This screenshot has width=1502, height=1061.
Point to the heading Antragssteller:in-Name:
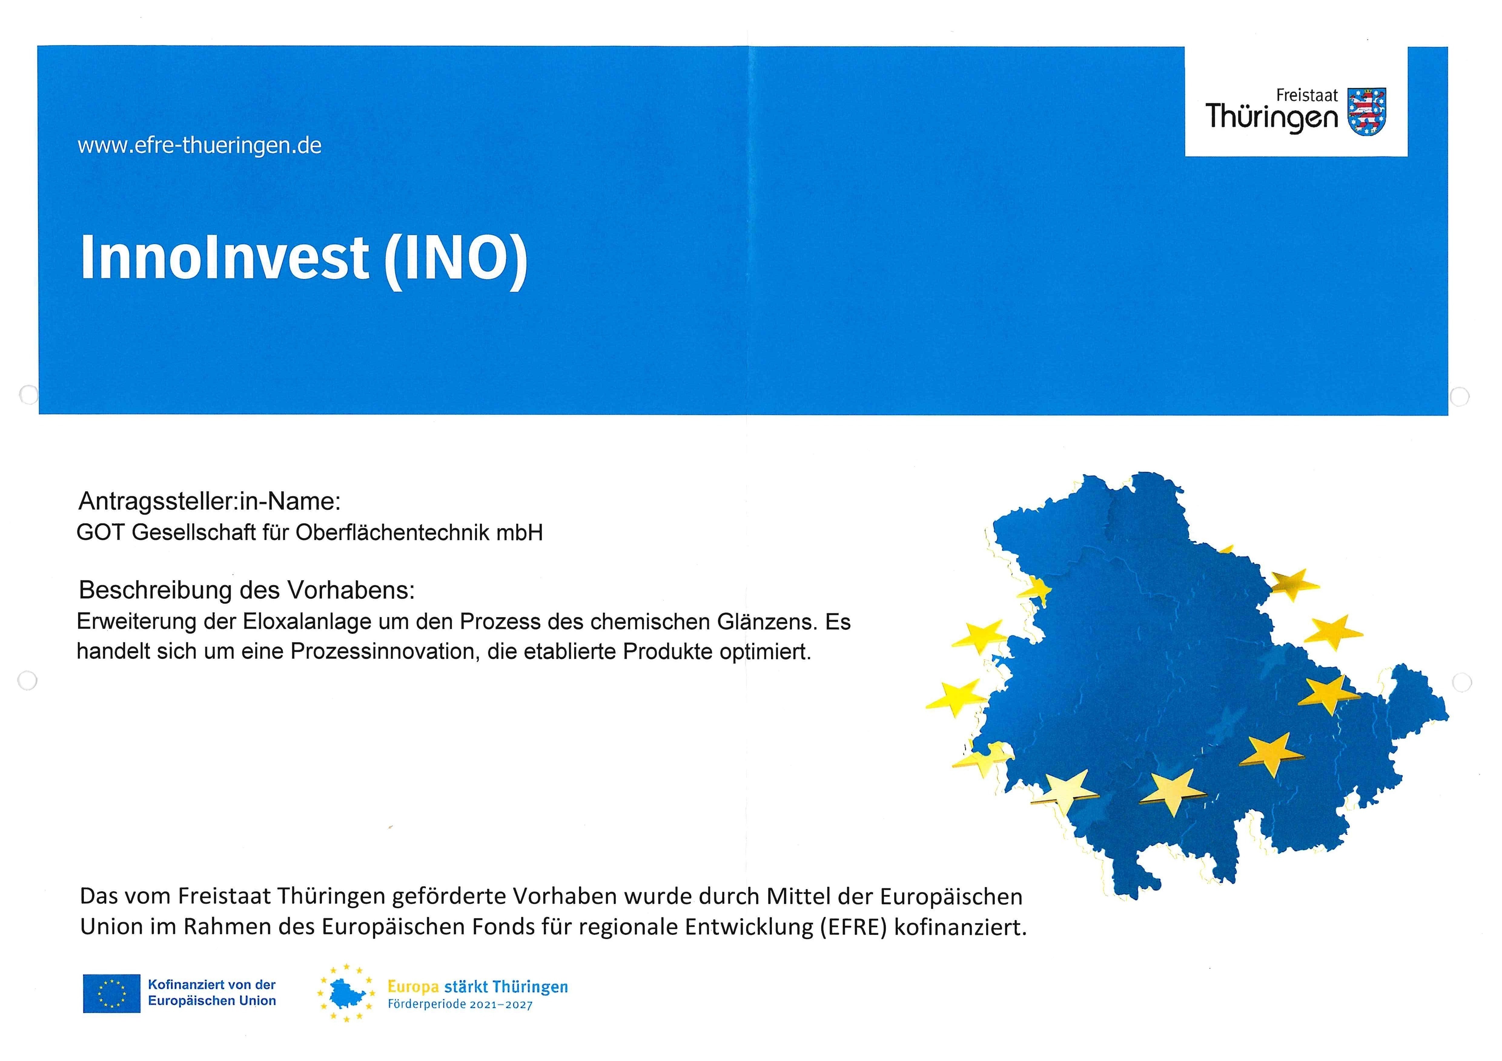click(209, 501)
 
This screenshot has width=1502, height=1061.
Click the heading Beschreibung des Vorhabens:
click(246, 590)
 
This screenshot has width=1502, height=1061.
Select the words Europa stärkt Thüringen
click(478, 987)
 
